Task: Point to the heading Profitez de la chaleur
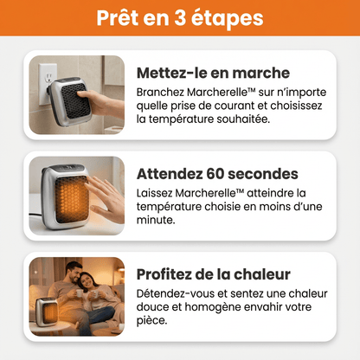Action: [213, 274]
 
